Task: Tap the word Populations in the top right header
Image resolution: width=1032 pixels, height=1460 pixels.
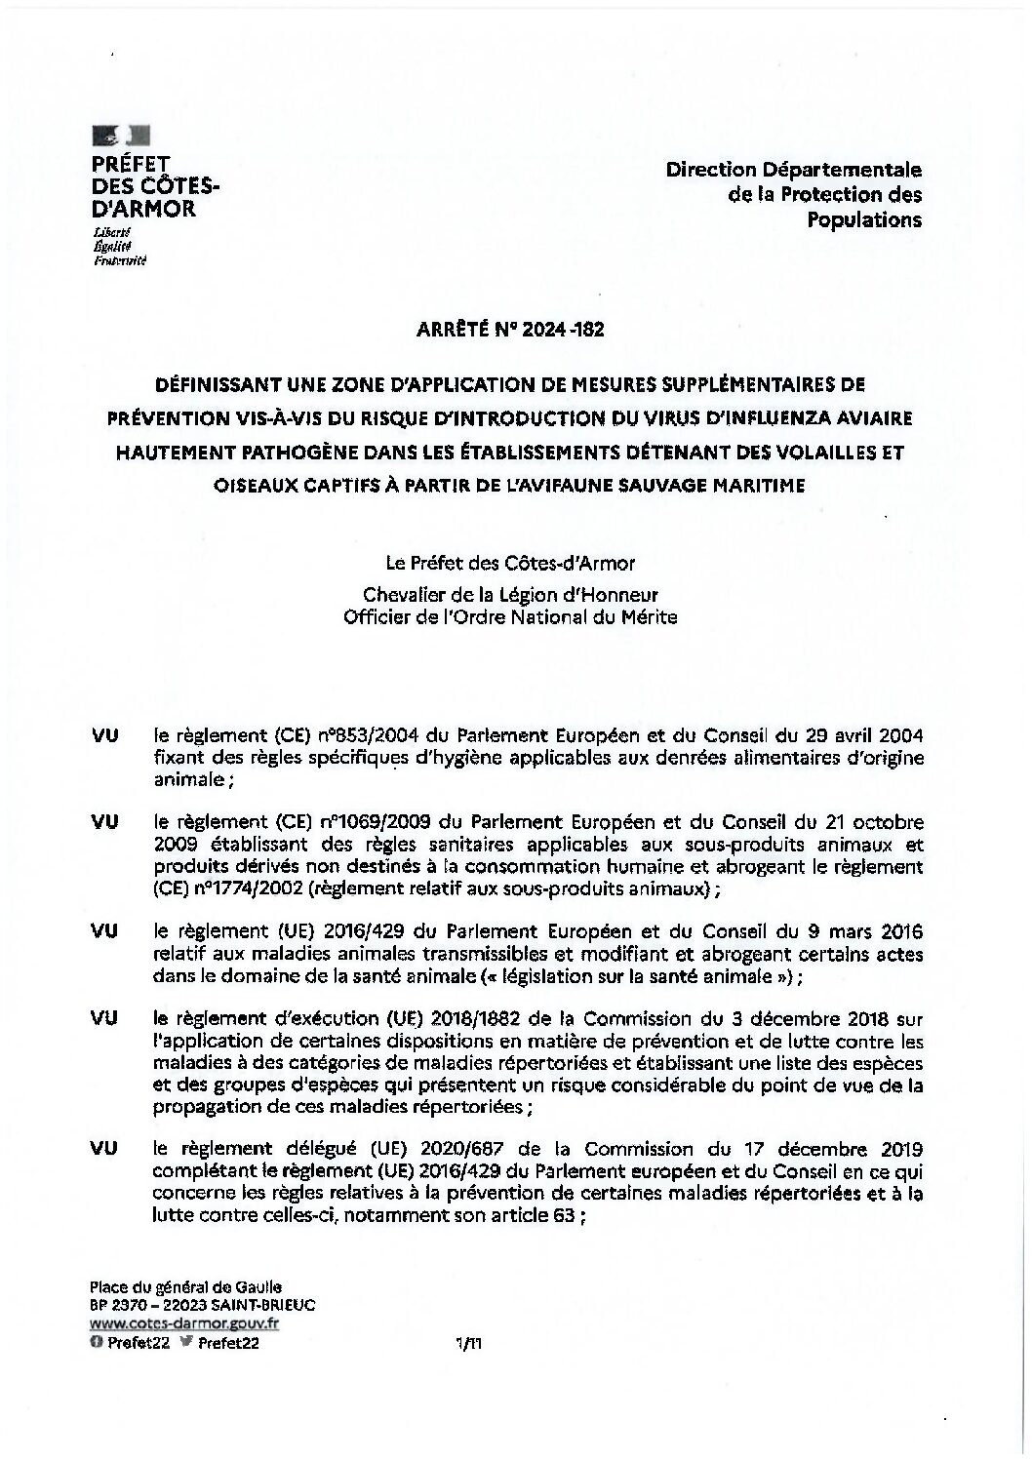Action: click(863, 219)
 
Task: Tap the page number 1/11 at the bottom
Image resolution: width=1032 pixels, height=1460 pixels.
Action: click(469, 1343)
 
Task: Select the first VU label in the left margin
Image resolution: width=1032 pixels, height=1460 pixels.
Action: click(104, 734)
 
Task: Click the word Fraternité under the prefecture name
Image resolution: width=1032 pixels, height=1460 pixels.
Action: click(119, 260)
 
